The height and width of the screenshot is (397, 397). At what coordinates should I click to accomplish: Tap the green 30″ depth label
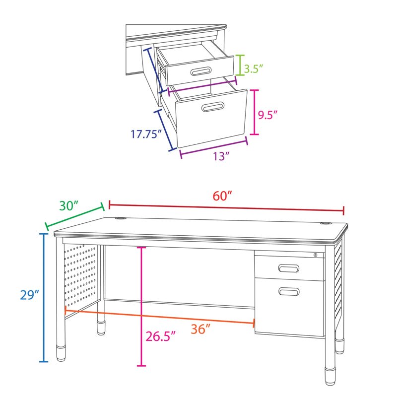[x=69, y=205]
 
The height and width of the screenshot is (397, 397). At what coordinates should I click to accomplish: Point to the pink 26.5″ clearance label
[x=160, y=336]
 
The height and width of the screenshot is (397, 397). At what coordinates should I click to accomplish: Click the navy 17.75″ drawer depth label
[x=146, y=134]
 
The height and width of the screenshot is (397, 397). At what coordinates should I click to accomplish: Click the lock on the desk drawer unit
[x=316, y=255]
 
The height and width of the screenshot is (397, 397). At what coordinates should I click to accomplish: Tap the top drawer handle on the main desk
[x=289, y=269]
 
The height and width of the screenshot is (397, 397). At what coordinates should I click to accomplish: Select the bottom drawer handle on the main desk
[x=289, y=292]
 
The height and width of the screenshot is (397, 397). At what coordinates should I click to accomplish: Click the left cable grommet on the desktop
[x=121, y=218]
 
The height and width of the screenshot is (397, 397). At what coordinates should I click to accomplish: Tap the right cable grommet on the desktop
[x=326, y=223]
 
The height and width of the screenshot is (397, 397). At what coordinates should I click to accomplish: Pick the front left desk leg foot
[x=61, y=352]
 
